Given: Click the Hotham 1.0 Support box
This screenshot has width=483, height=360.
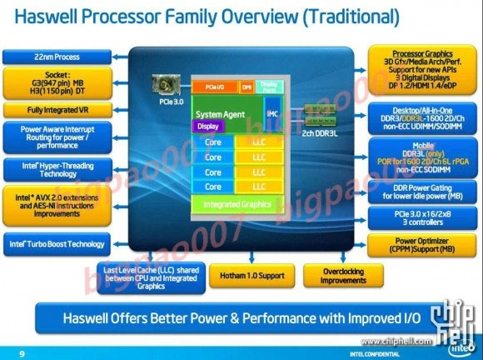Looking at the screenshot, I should [x=246, y=274].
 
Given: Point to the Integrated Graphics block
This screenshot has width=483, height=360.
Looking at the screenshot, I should [x=232, y=202].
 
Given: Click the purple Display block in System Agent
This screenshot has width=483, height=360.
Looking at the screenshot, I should [x=206, y=127].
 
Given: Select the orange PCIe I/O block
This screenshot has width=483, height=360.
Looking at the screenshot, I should [x=215, y=86].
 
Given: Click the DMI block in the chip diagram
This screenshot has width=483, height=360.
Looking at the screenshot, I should [x=246, y=86].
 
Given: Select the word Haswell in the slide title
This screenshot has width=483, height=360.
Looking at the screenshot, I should [x=51, y=16].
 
